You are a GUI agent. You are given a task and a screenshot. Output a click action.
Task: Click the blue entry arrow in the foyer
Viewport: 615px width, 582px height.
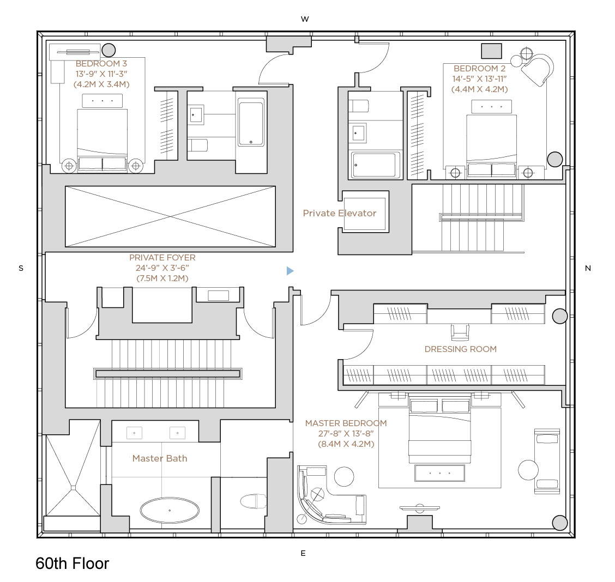[290, 271]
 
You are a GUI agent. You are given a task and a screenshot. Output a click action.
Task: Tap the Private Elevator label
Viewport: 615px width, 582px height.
[339, 213]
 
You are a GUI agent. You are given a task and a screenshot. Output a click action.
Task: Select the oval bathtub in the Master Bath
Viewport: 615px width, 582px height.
[170, 511]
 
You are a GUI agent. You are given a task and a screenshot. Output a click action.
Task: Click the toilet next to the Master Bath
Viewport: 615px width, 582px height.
[252, 501]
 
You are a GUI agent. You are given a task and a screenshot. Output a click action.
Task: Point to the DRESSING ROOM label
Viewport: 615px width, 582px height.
[460, 349]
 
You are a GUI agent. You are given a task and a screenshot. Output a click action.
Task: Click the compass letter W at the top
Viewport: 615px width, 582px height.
[305, 19]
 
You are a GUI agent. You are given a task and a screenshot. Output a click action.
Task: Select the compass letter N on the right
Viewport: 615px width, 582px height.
[588, 268]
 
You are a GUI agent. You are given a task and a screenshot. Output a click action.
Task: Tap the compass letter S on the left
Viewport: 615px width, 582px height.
[21, 268]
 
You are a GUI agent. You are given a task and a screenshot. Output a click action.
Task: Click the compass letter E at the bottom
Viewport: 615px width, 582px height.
[303, 554]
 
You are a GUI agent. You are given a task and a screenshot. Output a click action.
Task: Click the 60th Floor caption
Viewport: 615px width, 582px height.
[73, 563]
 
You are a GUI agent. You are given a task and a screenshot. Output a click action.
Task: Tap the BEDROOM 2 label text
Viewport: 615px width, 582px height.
[479, 69]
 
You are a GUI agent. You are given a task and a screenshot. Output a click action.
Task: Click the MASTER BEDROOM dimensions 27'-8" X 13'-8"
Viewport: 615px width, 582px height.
[346, 434]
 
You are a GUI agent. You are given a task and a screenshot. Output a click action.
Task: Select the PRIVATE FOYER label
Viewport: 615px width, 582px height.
[162, 257]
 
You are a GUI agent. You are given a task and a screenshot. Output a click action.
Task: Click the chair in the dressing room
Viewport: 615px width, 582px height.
[460, 332]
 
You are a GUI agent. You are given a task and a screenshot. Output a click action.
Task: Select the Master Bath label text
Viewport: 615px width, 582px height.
[159, 458]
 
